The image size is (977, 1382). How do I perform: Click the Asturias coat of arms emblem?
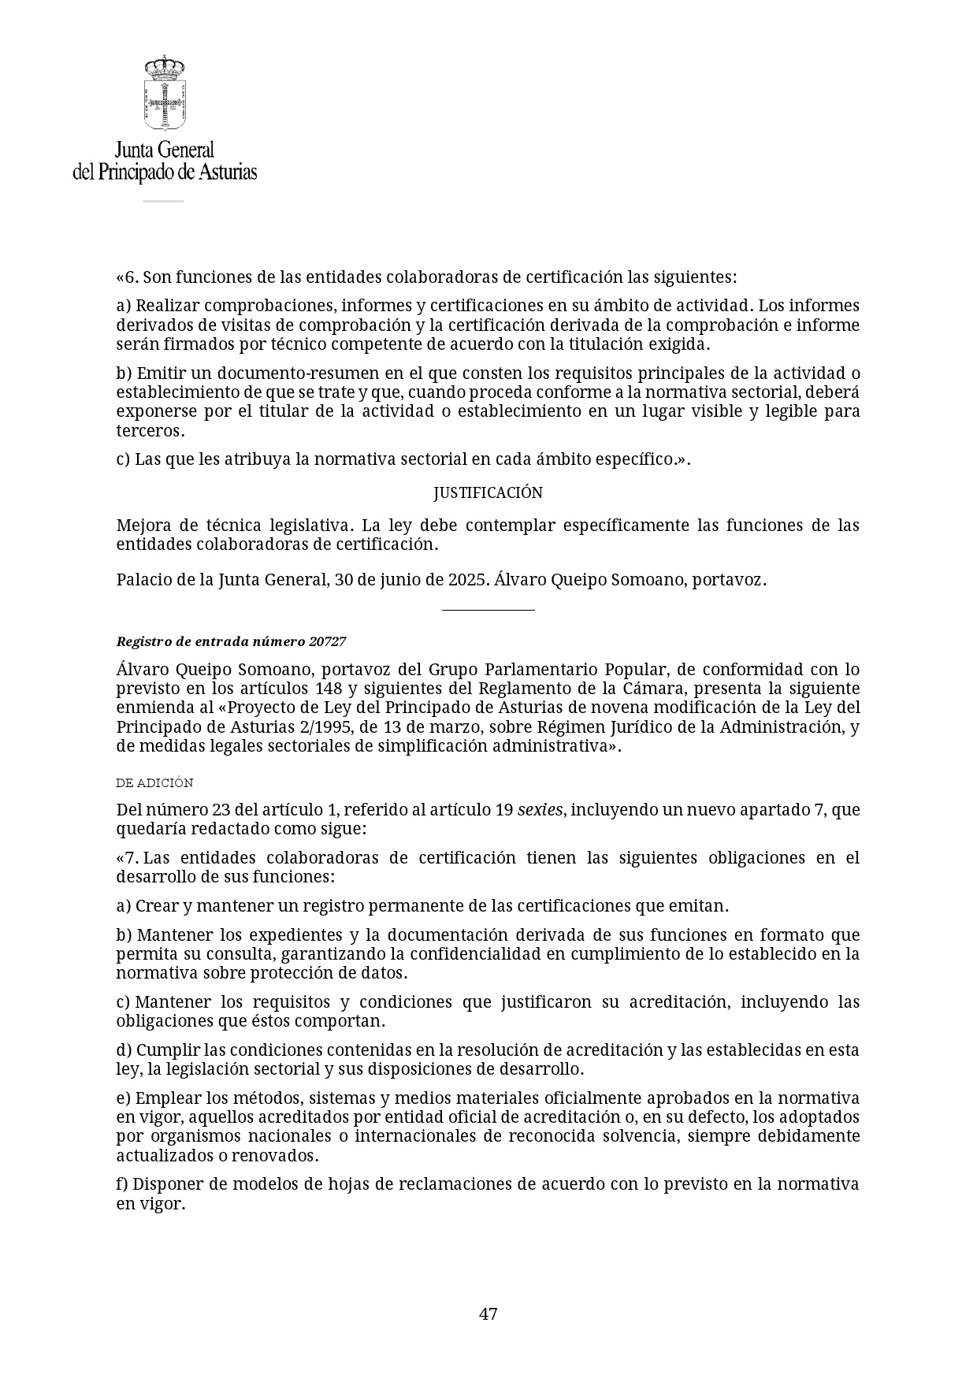pyautogui.click(x=165, y=94)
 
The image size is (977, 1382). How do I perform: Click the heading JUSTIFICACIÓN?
pyautogui.click(x=488, y=493)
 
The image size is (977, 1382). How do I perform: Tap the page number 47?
pyautogui.click(x=488, y=1314)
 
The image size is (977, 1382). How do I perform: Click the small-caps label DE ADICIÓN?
pyautogui.click(x=154, y=783)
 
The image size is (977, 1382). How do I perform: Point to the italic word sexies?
pyautogui.click(x=540, y=810)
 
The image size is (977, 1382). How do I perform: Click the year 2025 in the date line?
pyautogui.click(x=468, y=580)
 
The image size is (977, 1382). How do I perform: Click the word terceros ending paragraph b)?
pyautogui.click(x=150, y=431)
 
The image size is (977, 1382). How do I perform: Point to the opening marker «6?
pyautogui.click(x=127, y=277)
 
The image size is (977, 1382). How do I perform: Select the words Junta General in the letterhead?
pyautogui.click(x=165, y=149)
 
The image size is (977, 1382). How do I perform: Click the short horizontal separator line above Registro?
pyautogui.click(x=488, y=610)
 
